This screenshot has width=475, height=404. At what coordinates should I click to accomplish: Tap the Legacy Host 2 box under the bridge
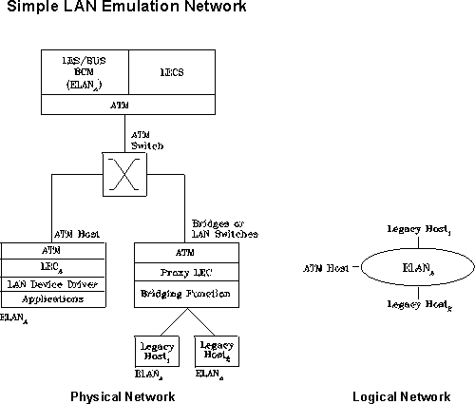[216, 350]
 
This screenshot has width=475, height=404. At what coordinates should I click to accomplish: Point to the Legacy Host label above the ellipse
[413, 229]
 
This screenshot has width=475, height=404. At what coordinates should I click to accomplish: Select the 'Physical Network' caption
[123, 394]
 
